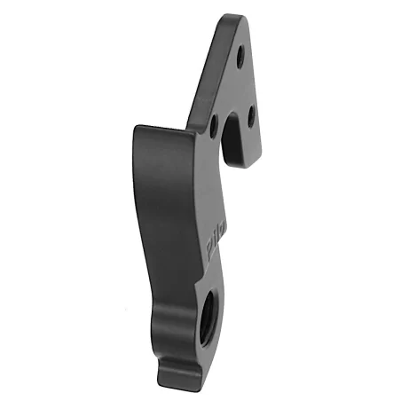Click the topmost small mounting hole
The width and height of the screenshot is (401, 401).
point(240,55)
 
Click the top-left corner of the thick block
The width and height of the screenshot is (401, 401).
point(136,129)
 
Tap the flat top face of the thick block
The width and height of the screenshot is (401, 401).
point(164,130)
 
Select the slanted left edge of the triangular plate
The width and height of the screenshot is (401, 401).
point(202,71)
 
